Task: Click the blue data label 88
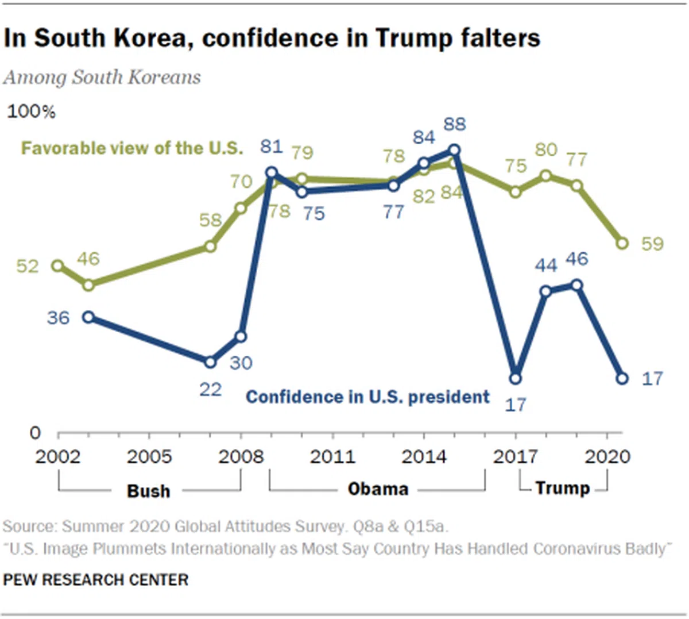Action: point(455,124)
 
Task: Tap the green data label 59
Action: point(652,244)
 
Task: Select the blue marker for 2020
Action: point(622,378)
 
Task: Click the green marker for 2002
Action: point(57,266)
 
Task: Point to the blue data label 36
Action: point(58,318)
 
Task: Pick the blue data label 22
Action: point(210,390)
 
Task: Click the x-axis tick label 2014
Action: point(424,456)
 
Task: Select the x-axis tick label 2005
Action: point(149,456)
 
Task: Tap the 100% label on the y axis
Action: point(31,112)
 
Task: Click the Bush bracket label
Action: point(148,491)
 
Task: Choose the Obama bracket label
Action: point(378,489)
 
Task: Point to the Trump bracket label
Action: point(563,488)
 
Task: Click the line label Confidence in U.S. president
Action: point(367,397)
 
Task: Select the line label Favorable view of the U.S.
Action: point(132,148)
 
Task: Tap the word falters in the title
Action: point(497,39)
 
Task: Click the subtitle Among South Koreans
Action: point(102,78)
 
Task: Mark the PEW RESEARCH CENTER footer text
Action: point(95,579)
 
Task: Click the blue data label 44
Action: point(546,265)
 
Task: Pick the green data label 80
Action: point(546,149)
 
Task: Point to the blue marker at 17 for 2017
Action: point(516,378)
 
